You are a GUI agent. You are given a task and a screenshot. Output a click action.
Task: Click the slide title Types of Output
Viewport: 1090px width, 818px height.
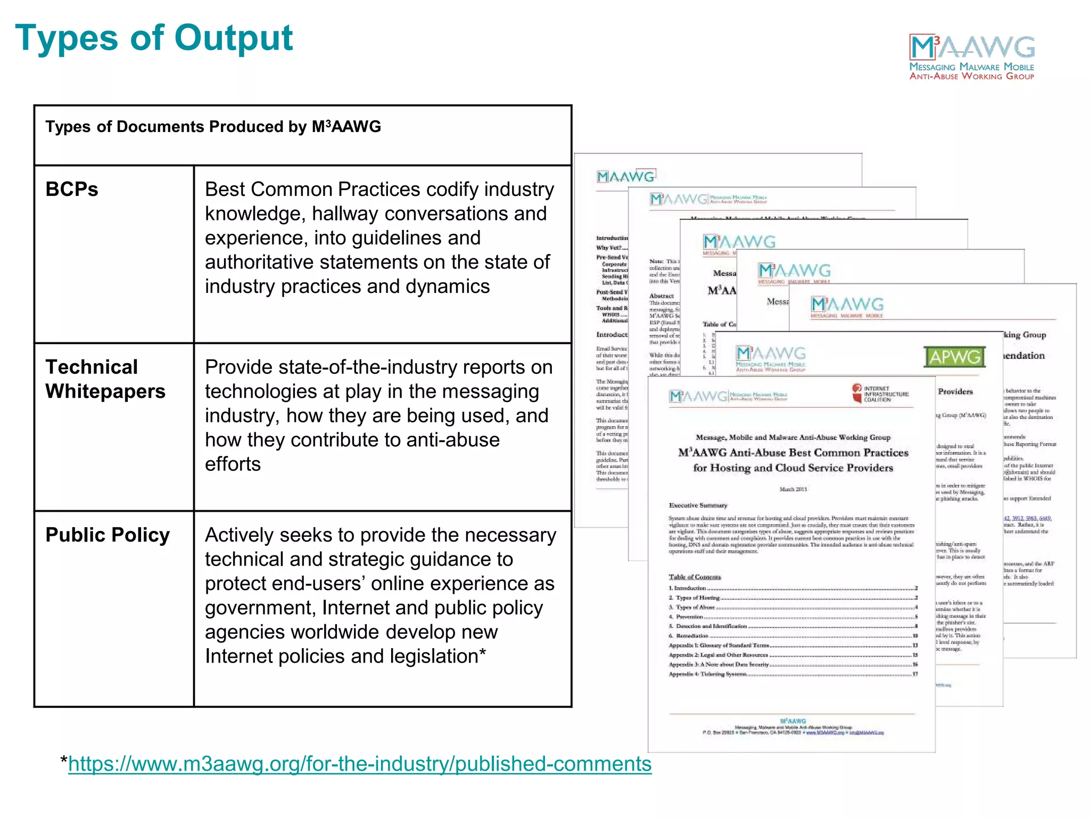(x=154, y=38)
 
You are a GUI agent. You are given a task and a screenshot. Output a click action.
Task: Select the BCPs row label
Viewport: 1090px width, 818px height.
(x=72, y=190)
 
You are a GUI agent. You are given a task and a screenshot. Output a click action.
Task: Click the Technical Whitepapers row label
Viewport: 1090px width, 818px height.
(x=105, y=379)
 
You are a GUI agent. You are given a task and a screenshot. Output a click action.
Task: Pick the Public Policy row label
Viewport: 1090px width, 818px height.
(x=108, y=535)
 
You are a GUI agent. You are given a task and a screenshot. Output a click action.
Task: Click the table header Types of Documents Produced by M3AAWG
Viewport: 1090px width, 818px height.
(x=213, y=127)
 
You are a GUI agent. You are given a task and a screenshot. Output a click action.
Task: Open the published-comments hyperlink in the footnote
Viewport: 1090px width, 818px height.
(x=360, y=764)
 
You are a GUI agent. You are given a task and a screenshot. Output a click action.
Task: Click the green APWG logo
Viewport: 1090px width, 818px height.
(x=955, y=357)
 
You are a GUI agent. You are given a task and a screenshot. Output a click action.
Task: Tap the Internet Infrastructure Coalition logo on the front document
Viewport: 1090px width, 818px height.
(x=880, y=394)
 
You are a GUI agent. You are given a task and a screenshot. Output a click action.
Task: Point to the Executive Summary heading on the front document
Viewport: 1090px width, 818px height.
(x=698, y=505)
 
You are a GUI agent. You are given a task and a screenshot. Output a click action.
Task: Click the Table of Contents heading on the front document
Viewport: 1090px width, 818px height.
(x=695, y=577)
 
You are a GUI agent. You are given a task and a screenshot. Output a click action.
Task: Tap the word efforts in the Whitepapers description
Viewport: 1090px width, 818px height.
(x=233, y=464)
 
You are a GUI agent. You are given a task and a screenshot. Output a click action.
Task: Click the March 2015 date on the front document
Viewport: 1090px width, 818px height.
(x=793, y=489)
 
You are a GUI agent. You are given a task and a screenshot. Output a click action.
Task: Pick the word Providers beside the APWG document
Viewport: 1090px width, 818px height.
(x=955, y=391)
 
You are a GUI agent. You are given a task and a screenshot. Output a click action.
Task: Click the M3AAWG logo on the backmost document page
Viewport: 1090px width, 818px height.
(x=626, y=176)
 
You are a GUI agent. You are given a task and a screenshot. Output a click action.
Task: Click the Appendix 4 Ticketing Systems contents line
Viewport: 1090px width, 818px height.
(x=708, y=674)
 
